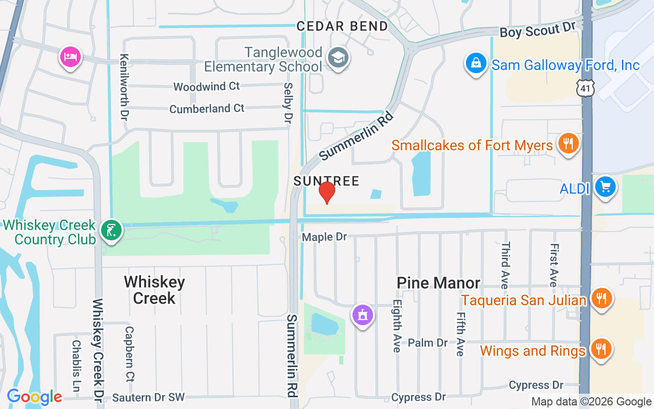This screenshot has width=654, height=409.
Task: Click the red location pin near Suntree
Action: click(x=326, y=192)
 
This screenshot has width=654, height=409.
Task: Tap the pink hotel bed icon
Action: click(x=70, y=56)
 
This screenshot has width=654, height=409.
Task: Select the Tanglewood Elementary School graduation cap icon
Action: click(x=338, y=57)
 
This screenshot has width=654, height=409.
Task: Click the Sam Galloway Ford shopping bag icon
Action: click(x=476, y=64)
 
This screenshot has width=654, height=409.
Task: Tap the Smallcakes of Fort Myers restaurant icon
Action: click(x=567, y=143)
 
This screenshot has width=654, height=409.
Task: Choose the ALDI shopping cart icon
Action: click(x=605, y=187)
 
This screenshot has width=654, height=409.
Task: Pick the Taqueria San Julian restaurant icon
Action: click(x=601, y=298)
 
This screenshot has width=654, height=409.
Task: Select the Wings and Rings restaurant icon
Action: click(x=601, y=350)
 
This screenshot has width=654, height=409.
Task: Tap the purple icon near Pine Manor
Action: click(x=363, y=315)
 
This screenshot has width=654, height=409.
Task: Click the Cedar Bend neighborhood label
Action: click(x=342, y=26)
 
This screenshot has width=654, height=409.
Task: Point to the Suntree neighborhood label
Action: click(x=326, y=181)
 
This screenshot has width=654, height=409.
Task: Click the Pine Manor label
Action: click(x=438, y=283)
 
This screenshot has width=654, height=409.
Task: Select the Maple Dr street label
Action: click(x=324, y=237)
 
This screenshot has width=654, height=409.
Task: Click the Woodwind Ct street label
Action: click(x=206, y=86)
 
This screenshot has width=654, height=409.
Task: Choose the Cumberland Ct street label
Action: click(x=207, y=109)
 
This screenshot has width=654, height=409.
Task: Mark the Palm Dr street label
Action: click(x=428, y=343)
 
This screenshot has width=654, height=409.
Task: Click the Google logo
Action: click(x=34, y=397)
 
